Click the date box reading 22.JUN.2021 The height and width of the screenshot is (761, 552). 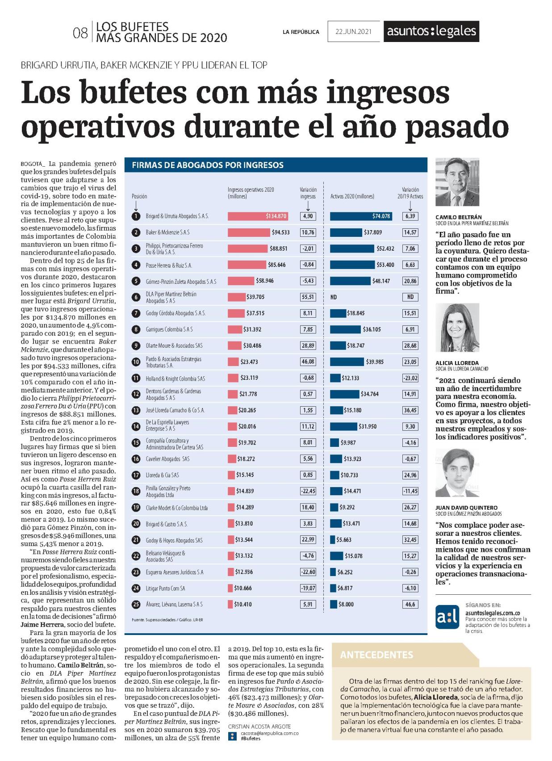(353, 31)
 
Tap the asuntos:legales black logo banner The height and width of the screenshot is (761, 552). (431, 31)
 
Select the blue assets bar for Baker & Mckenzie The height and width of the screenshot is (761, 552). (346, 232)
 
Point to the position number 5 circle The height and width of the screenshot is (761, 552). (136, 281)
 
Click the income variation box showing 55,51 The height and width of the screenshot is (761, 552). (308, 297)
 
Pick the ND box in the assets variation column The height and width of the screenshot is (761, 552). (410, 297)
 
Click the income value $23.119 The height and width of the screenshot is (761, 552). (249, 378)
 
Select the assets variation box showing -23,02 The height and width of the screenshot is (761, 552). (410, 378)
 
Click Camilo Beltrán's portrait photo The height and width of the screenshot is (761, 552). (457, 182)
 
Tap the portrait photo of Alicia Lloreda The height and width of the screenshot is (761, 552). (457, 328)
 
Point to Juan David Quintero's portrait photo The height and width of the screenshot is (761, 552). (457, 473)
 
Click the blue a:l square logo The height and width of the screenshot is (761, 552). (447, 617)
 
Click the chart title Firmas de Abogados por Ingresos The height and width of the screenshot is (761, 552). (207, 165)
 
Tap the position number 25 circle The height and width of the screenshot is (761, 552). (136, 605)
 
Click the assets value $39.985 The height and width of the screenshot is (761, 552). (374, 362)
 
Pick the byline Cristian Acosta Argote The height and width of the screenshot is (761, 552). (259, 727)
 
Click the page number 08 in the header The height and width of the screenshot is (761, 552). (80, 34)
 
